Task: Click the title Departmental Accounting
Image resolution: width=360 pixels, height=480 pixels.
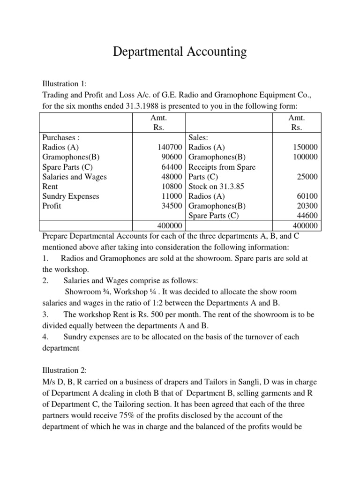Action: (180, 51)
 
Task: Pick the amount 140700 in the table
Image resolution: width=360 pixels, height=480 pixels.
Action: (171, 147)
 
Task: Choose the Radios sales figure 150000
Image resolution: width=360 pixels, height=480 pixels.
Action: (305, 147)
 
